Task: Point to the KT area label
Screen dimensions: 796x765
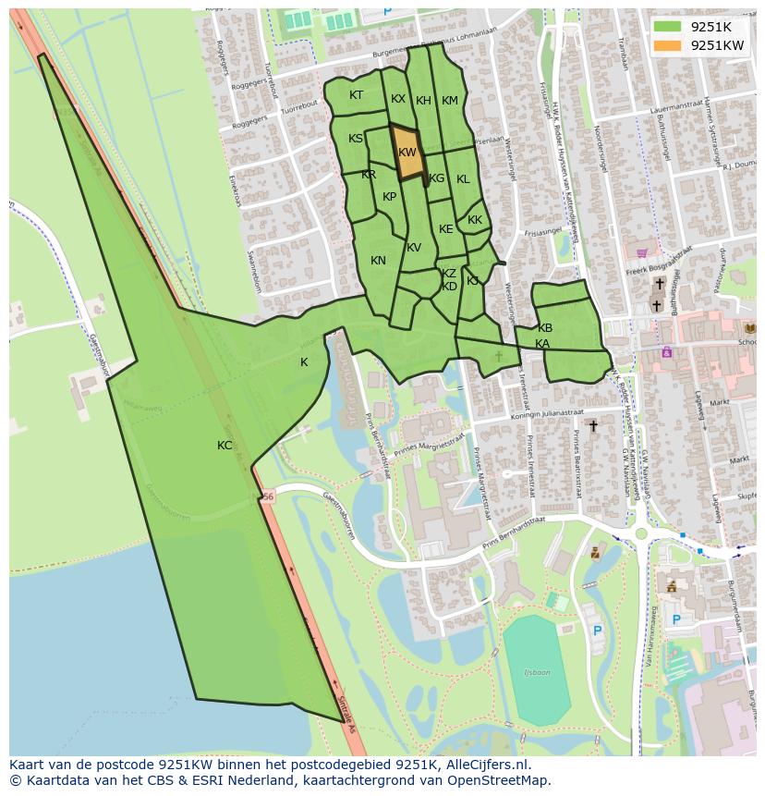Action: [357, 95]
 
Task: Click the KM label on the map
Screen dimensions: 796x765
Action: [450, 101]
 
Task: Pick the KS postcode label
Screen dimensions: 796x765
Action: [356, 139]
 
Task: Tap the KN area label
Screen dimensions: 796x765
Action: [378, 261]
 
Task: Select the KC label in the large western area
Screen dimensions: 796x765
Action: [225, 446]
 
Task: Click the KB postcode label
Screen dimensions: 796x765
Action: [545, 328]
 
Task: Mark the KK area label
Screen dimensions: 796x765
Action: [475, 220]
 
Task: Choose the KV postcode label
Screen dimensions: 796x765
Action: [414, 248]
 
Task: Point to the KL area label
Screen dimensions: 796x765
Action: [463, 179]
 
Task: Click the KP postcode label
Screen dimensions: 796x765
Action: [390, 197]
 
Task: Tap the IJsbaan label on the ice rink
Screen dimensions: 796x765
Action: [537, 672]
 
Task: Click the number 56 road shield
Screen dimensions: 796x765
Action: [267, 496]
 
